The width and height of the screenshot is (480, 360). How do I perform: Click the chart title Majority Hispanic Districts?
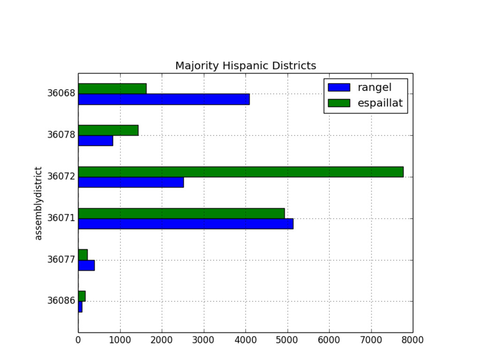246,66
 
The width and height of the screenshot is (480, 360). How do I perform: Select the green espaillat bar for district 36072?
240,172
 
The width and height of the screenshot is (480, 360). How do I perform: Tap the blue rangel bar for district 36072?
131,182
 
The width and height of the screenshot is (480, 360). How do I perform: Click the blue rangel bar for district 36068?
164,99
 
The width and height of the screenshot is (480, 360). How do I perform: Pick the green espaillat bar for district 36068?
112,89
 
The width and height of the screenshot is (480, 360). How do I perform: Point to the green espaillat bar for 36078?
108,130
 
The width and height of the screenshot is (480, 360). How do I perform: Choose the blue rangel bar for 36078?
96,141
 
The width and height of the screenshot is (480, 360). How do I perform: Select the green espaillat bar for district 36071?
181,213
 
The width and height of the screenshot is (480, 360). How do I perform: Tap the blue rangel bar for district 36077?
86,265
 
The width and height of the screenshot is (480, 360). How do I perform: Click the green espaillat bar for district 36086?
82,296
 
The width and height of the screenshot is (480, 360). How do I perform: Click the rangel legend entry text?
375,87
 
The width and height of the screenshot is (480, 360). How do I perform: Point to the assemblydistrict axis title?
39,203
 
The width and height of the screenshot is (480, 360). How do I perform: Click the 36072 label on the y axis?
61,177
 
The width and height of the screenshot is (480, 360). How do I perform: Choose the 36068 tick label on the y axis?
61,94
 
